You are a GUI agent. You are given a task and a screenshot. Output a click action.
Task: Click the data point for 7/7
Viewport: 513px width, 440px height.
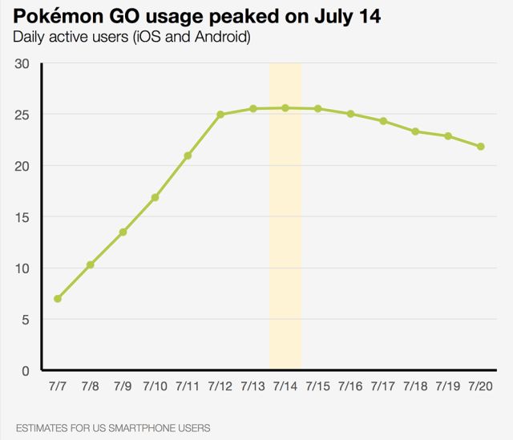tap(58, 299)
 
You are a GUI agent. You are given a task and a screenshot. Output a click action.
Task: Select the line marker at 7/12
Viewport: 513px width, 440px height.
tap(220, 115)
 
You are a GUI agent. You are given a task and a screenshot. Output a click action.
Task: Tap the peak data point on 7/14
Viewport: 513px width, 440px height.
tap(285, 107)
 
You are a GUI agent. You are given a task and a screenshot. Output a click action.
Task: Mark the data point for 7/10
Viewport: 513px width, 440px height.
tap(155, 197)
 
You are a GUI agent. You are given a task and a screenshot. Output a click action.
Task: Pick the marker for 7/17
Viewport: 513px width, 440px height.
tap(383, 121)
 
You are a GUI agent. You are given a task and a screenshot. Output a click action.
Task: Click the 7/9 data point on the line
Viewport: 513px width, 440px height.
tap(123, 232)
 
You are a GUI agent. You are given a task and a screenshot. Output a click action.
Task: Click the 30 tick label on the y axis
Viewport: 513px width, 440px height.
tap(22, 64)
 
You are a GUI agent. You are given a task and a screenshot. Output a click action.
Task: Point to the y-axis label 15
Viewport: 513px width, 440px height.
tap(22, 217)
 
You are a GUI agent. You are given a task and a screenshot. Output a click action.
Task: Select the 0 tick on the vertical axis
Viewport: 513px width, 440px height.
tap(25, 371)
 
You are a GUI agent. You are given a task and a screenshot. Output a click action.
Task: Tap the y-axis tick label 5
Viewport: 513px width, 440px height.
tap(25, 320)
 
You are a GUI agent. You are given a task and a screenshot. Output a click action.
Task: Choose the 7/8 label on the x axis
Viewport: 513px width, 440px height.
tap(90, 386)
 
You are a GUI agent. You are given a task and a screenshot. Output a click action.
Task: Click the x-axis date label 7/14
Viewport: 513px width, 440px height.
tap(285, 386)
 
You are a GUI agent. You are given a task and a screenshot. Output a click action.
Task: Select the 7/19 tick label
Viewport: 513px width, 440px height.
tap(448, 386)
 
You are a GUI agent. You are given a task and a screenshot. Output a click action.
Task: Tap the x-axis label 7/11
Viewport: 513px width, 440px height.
tap(188, 386)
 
